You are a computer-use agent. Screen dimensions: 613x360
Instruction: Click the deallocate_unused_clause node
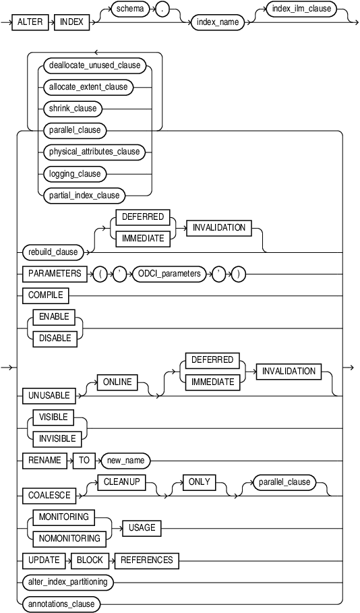pyautogui.click(x=94, y=65)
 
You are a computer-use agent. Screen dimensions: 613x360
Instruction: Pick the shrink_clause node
pyautogui.click(x=73, y=108)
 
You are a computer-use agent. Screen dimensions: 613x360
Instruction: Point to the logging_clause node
pyautogui.click(x=75, y=173)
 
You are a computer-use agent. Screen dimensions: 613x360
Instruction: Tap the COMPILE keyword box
pyautogui.click(x=45, y=295)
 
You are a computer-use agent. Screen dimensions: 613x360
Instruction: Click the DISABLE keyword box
pyautogui.click(x=55, y=338)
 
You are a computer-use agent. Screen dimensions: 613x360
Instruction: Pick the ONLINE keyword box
pyautogui.click(x=118, y=382)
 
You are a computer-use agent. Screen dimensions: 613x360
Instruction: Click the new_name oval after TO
pyautogui.click(x=125, y=461)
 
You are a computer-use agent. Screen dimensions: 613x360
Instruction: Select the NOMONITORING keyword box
pyautogui.click(x=64, y=538)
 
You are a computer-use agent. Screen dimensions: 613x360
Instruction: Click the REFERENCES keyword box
pyautogui.click(x=146, y=560)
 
